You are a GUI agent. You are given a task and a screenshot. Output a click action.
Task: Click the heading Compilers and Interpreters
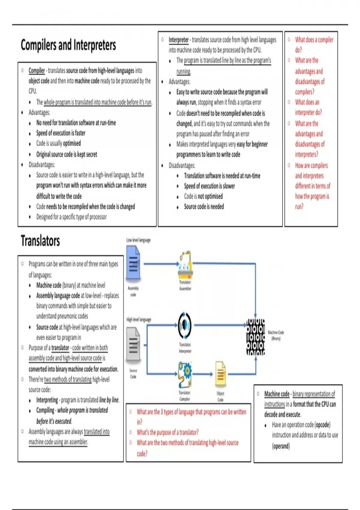pos(68,45)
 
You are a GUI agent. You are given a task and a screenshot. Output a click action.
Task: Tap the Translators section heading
pos(40,241)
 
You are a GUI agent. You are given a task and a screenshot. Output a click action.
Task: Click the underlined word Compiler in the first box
pos(37,70)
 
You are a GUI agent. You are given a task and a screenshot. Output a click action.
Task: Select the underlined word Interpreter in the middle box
pos(178,40)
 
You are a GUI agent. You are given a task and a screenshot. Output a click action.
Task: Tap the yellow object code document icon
pos(220,374)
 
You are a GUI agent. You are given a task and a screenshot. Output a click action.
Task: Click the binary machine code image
pos(256,337)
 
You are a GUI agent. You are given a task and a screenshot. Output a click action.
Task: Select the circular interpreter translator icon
pos(185,325)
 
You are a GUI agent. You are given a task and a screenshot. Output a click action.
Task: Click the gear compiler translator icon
pos(185,374)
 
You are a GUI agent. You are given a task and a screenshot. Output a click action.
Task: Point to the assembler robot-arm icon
pos(185,264)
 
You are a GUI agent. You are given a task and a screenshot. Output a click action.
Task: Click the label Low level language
pos(138,240)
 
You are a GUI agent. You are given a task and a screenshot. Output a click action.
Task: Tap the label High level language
pos(139,319)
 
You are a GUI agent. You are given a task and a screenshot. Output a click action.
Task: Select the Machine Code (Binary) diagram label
pos(276,335)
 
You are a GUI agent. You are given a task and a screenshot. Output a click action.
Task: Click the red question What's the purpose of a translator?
pos(167,432)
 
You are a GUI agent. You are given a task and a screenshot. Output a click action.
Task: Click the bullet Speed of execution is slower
pos(209,186)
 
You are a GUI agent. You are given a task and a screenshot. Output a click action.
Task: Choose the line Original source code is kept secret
pos(67,154)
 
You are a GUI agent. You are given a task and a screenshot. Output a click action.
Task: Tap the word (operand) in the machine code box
pos(281,446)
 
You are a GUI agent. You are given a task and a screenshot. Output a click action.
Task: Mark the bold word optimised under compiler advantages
pos(72,143)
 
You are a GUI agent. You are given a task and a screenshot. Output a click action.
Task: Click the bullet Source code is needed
pos(204,206)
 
